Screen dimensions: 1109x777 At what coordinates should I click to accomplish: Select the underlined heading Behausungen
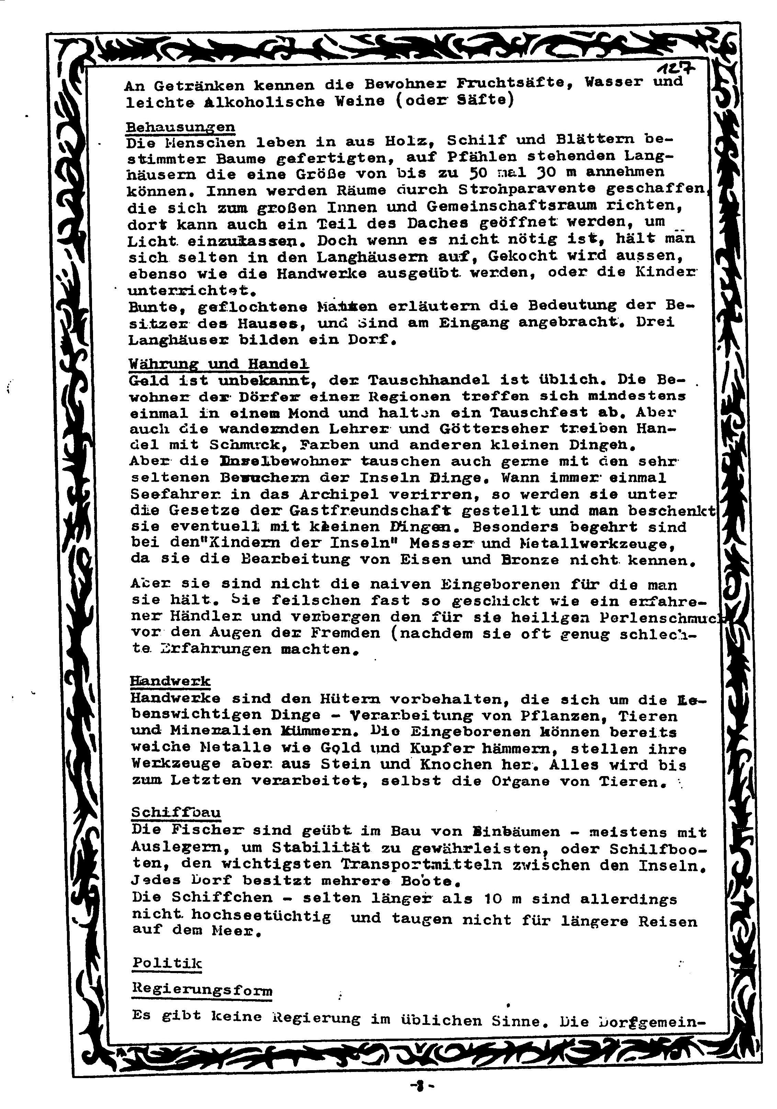tap(180, 128)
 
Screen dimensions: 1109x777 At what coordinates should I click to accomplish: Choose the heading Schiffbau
tap(176, 812)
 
